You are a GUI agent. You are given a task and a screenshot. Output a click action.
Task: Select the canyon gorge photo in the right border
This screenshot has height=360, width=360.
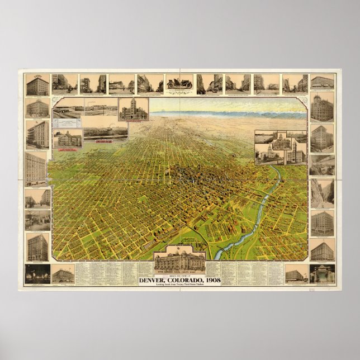[322, 193]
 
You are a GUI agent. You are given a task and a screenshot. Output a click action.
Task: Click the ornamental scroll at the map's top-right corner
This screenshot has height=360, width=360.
[304, 101]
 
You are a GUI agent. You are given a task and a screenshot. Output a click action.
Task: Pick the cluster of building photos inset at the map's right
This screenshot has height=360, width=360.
[281, 147]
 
